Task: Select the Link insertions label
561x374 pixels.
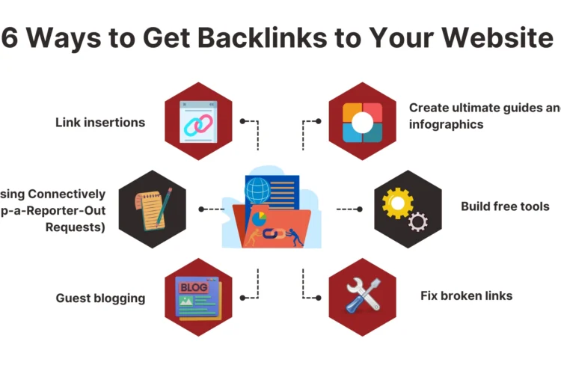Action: click(x=100, y=122)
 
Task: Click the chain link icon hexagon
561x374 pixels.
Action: click(x=198, y=121)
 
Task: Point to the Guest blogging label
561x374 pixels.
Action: click(x=100, y=298)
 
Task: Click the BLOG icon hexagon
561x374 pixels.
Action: click(x=198, y=297)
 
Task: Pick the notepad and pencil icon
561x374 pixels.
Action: click(x=153, y=208)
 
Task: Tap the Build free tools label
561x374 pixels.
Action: click(x=505, y=206)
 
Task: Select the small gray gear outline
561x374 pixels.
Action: click(x=418, y=221)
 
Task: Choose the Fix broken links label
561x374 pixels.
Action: click(x=466, y=295)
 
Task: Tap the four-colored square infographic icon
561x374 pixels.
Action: click(x=363, y=122)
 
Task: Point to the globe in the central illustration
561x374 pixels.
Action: click(x=257, y=186)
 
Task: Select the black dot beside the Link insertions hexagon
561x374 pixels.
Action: click(x=242, y=120)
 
